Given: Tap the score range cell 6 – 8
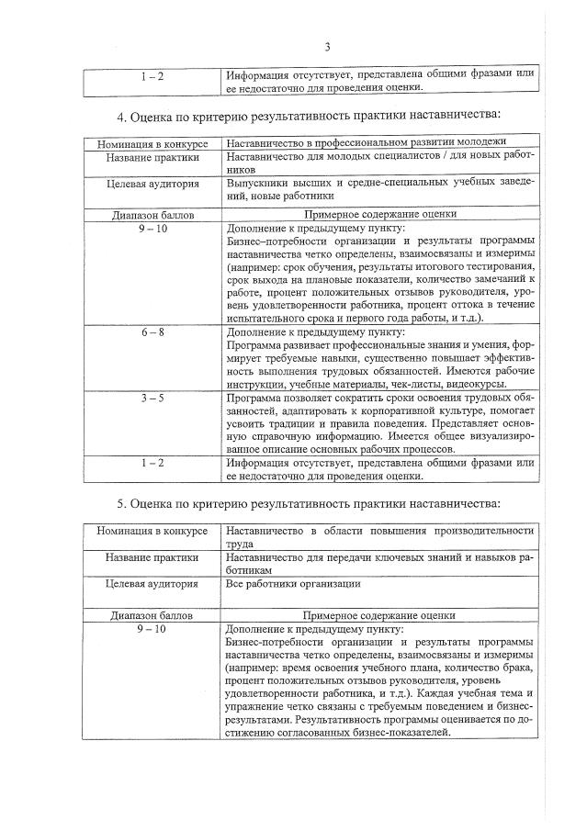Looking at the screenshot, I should point(152,332).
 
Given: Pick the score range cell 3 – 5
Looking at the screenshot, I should point(152,398).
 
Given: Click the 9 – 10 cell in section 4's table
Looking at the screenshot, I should point(152,229).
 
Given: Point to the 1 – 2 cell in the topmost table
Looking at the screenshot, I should point(152,75).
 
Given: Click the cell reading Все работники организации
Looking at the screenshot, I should point(293,583).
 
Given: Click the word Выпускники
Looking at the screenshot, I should point(261,182).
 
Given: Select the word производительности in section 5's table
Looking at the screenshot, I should point(488,531).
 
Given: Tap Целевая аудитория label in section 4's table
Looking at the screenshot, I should point(152,183).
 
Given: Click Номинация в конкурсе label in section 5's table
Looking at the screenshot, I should point(152,531).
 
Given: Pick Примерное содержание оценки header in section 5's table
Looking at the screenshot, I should point(379,615).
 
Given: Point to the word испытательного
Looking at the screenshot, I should point(271,318).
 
